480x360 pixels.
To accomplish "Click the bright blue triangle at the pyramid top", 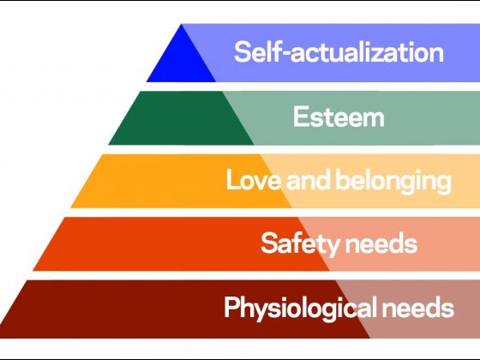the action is [181, 61].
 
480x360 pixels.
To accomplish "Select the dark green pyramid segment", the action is [181, 118].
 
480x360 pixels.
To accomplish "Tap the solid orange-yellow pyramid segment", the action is [181, 181].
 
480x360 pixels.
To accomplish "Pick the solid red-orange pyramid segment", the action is [181, 244].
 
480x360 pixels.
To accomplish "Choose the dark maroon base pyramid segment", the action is [183, 309].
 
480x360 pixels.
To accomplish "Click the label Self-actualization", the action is [339, 52].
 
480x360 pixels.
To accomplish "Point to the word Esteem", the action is [339, 117].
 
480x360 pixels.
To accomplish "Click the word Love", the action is [254, 179].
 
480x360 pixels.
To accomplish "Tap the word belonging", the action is [393, 181].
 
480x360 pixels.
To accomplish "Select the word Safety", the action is [301, 244].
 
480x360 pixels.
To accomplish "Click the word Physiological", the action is [301, 309].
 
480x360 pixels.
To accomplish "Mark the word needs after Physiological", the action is [418, 308].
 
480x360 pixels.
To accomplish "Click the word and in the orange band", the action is [309, 179].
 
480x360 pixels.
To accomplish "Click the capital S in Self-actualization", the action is [243, 52].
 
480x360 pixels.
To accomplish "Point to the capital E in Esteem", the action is [300, 117].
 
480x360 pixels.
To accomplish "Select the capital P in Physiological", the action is [231, 308].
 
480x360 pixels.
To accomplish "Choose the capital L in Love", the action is [233, 179].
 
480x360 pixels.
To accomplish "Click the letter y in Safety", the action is [333, 247].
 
